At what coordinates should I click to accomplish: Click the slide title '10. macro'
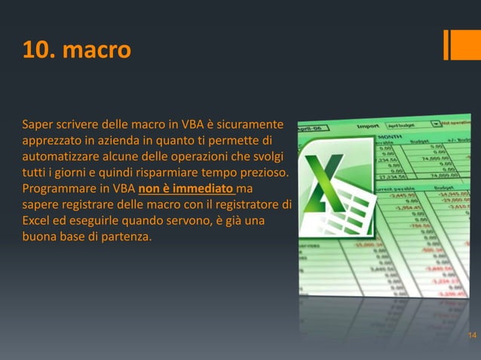click(x=76, y=50)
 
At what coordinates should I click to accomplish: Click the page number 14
click(x=471, y=335)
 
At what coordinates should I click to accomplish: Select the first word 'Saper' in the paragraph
click(x=38, y=123)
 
